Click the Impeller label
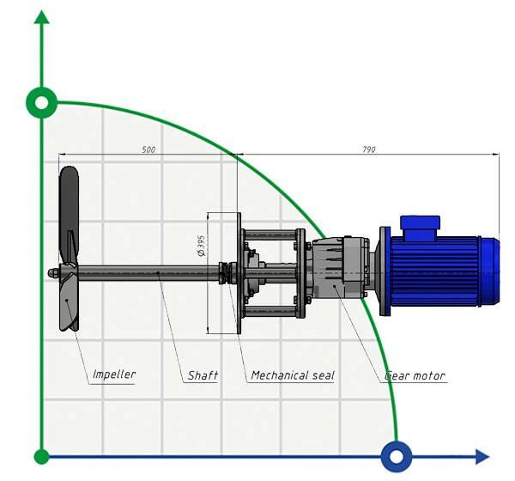(x=114, y=374)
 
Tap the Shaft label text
(x=203, y=375)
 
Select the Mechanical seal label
(x=293, y=375)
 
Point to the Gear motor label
(x=415, y=375)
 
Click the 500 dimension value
(x=148, y=149)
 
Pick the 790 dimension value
(x=368, y=149)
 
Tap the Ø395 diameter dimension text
(x=201, y=246)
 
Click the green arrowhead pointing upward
(x=42, y=17)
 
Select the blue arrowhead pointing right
(x=482, y=457)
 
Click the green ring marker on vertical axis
(x=42, y=103)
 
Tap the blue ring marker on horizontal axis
(x=397, y=457)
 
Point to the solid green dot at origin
(x=42, y=457)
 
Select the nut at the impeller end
(x=53, y=272)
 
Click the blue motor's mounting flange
(x=385, y=271)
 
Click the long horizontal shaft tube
(x=148, y=273)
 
